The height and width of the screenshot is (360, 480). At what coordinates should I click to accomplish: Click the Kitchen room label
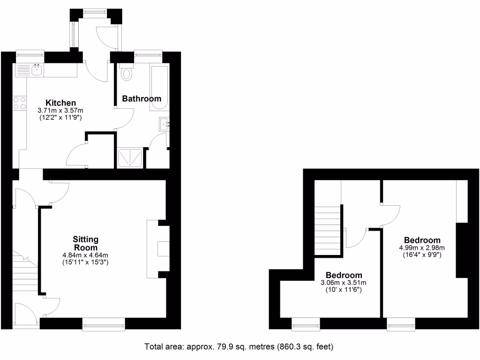coord(60,103)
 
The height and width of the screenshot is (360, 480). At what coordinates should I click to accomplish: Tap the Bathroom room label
coord(142,99)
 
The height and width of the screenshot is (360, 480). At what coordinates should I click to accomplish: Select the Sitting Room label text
coord(85,243)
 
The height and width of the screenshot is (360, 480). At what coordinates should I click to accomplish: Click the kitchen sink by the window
coord(37,70)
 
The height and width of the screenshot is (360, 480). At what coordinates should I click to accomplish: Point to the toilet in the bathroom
coord(126,75)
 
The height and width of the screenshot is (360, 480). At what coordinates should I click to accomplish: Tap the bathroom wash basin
coord(164,124)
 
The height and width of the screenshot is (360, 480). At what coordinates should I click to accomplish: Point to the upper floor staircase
coord(327,230)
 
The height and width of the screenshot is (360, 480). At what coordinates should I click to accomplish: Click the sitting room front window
coord(104,324)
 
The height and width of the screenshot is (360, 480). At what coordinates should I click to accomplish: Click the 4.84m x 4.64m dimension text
coord(85,255)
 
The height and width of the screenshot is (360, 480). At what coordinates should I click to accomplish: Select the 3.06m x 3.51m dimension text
coord(344,283)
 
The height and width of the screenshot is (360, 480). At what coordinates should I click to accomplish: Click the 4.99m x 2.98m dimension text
coord(422,248)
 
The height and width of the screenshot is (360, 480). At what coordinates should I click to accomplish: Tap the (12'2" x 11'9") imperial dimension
coord(61,118)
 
